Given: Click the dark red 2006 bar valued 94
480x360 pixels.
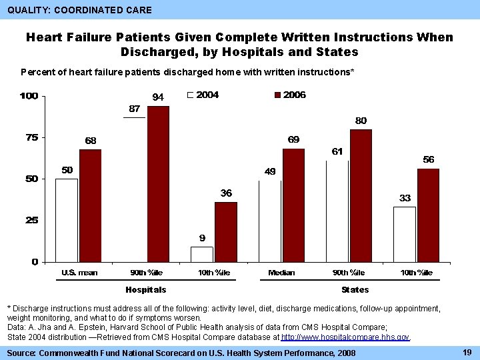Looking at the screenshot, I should point(158,184).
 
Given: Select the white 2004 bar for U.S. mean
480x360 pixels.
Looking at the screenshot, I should point(67,220).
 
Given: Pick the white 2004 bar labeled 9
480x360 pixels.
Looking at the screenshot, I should point(202,254).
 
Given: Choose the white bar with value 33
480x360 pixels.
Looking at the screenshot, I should point(405,234).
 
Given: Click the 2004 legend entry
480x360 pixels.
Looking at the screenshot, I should point(203,95).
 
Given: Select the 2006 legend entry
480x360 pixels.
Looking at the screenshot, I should point(289,95).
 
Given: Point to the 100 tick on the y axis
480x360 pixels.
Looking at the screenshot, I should point(29,97).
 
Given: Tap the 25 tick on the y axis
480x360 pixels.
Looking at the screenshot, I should point(31,220).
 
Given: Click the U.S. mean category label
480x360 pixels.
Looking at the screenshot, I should point(79,273).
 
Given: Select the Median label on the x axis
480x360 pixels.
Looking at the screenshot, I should point(281,273).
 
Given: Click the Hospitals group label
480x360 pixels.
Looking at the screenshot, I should point(146,290).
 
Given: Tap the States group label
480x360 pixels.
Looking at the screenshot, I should point(355,290).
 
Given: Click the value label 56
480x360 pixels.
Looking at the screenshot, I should point(429,160).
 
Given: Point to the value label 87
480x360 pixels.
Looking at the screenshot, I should point(134,109).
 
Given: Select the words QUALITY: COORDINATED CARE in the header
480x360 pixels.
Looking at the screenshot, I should point(79,10).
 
